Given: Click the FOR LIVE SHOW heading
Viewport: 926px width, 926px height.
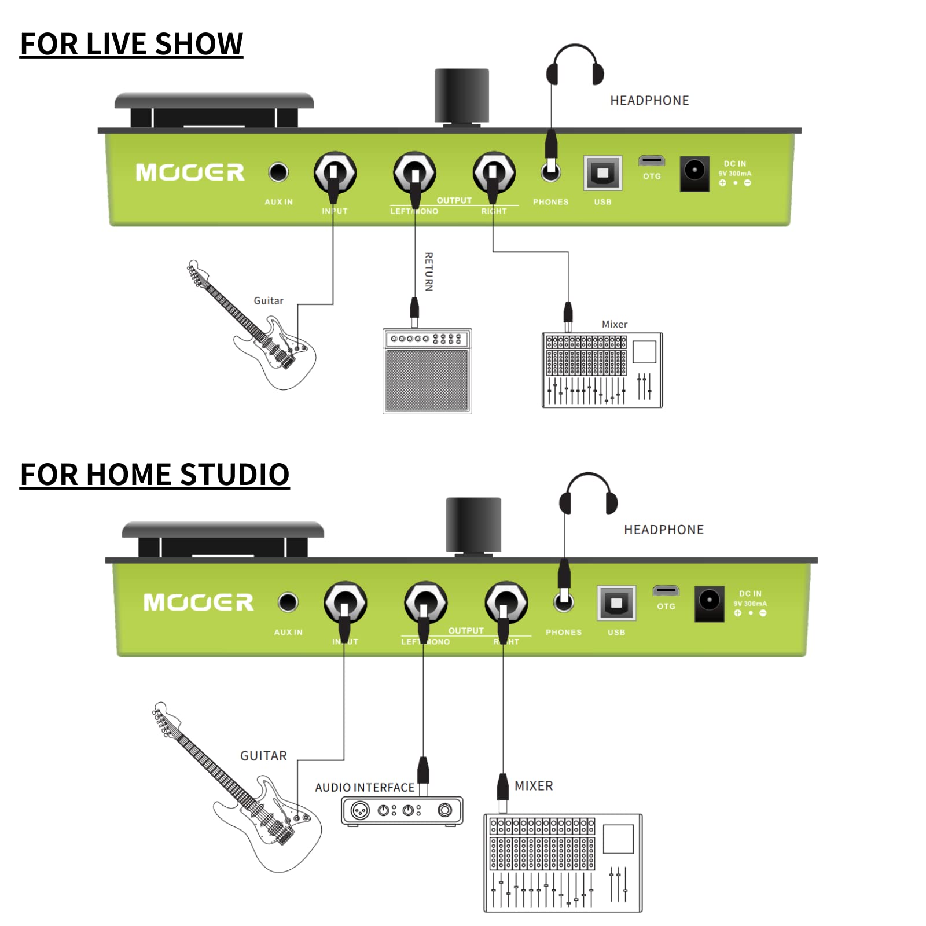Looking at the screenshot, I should (131, 44).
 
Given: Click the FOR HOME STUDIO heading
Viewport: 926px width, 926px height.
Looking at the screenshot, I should (155, 475).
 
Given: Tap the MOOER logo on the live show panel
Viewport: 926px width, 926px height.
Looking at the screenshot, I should (190, 172).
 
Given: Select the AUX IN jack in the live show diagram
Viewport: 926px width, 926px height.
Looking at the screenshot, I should (278, 172).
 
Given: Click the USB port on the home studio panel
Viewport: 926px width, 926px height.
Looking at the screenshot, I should (616, 602).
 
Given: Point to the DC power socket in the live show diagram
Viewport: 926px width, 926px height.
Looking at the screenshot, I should (694, 172).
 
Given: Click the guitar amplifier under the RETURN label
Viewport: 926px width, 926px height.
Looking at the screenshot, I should (427, 371).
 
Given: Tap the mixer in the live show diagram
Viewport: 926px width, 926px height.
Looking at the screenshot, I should (602, 370).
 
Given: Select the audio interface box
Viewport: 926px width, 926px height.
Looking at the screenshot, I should (402, 810).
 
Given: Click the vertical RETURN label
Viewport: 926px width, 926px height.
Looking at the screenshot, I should (429, 271).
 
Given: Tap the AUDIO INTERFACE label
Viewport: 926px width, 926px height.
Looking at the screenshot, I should (365, 788).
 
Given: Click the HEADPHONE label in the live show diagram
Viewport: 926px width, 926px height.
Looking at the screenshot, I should (649, 101).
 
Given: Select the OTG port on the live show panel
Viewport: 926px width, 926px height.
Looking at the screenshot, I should (652, 161).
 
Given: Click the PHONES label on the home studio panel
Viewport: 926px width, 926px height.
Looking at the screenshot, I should (564, 633).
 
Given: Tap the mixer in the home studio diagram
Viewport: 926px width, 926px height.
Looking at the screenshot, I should (563, 863).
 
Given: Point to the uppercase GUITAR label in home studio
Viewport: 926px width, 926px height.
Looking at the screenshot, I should (263, 756).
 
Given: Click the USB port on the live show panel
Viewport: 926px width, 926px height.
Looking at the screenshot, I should (602, 172).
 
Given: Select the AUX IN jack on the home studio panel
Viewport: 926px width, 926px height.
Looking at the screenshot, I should (288, 602).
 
